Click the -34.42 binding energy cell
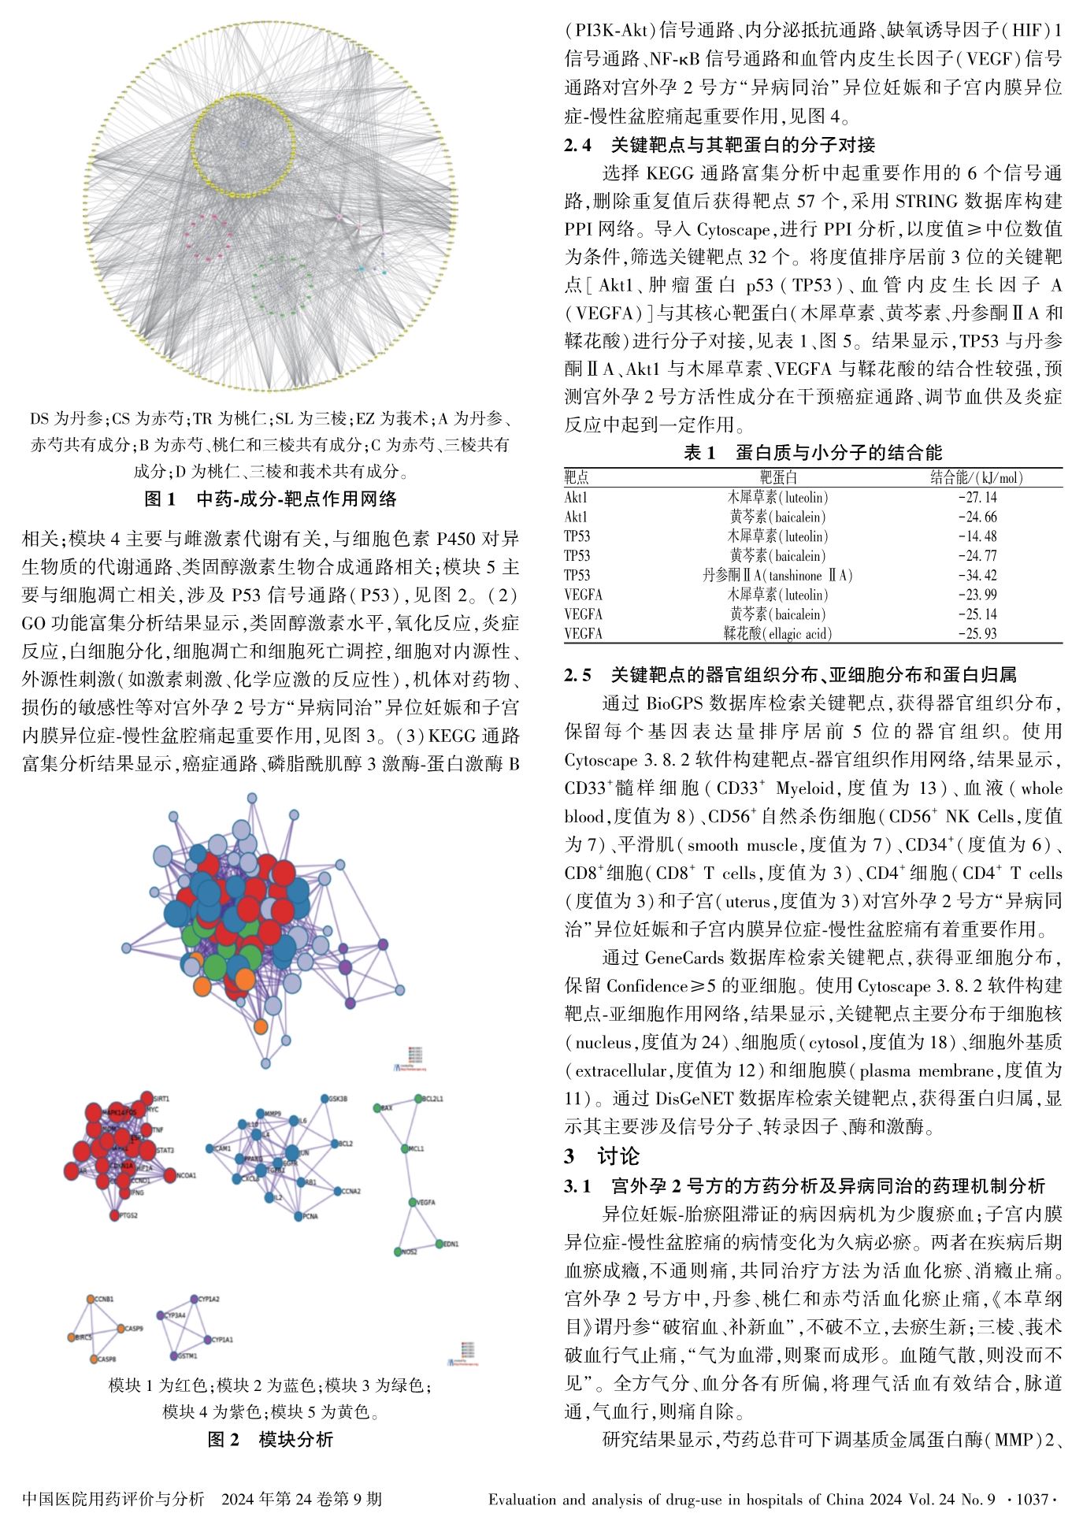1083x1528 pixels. [977, 576]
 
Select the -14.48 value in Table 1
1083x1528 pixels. [977, 536]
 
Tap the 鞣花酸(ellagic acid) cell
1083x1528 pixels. [777, 634]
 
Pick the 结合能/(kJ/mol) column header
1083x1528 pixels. [977, 478]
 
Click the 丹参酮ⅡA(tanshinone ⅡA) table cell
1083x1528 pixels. [777, 576]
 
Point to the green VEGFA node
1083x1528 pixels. [412, 1202]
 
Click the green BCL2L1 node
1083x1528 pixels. [417, 1099]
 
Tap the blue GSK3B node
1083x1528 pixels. [325, 1098]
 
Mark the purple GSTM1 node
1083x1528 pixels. [173, 1356]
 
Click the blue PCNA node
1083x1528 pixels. [298, 1216]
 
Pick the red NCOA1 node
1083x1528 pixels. [170, 1175]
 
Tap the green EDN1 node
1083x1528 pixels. [439, 1244]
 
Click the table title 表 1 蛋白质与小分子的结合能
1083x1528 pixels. [813, 452]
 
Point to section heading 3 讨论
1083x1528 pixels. [602, 1155]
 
